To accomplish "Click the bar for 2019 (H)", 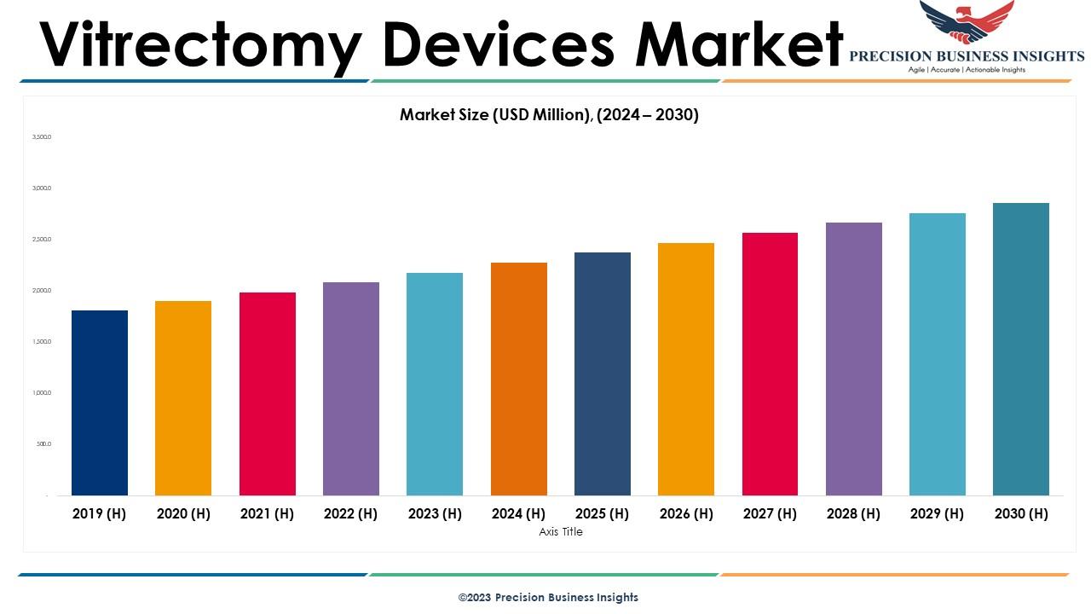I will pyautogui.click(x=100, y=403).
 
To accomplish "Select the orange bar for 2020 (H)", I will pyautogui.click(x=183, y=397).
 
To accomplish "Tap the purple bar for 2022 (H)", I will pyautogui.click(x=351, y=388).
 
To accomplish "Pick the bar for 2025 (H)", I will pyautogui.click(x=603, y=374).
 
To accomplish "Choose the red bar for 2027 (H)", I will pyautogui.click(x=770, y=363).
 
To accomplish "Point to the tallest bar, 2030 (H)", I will pyautogui.click(x=1021, y=349).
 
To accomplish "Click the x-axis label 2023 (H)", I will pyautogui.click(x=435, y=513).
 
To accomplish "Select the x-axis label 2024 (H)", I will pyautogui.click(x=518, y=513).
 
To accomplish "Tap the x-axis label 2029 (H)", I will pyautogui.click(x=937, y=513).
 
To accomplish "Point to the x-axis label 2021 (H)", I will pyautogui.click(x=267, y=513).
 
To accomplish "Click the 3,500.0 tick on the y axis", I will pyautogui.click(x=42, y=136).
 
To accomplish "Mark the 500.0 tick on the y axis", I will pyautogui.click(x=43, y=443).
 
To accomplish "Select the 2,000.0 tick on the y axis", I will pyautogui.click(x=42, y=290).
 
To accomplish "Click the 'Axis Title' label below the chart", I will pyautogui.click(x=561, y=532).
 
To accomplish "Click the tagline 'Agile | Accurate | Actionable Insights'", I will pyautogui.click(x=967, y=70).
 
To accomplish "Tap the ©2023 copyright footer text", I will pyautogui.click(x=548, y=598).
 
